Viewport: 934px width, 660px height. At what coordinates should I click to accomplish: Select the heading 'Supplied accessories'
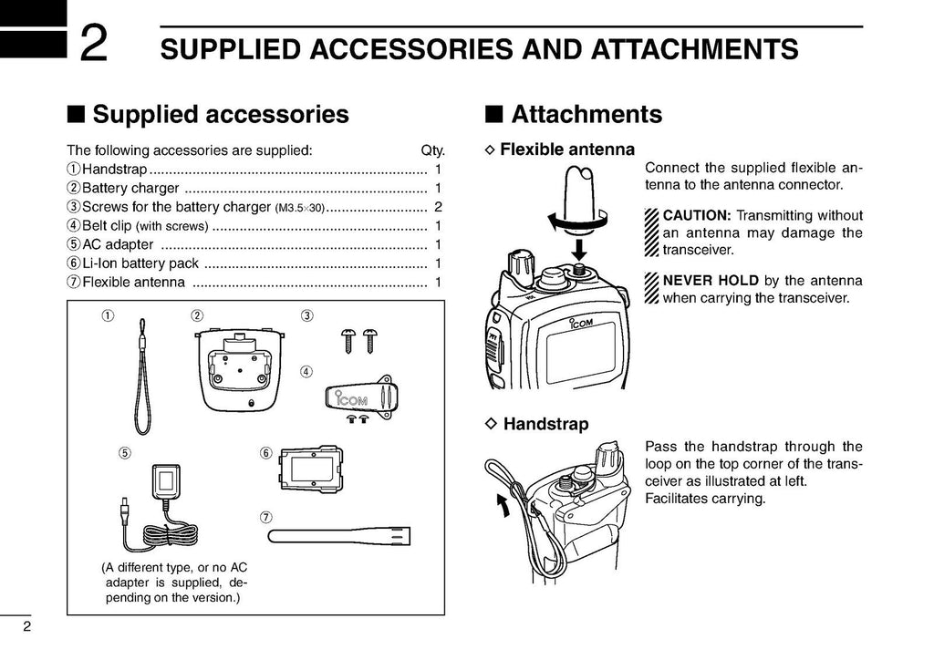pyautogui.click(x=220, y=114)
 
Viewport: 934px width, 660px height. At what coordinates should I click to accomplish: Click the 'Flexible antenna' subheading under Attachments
pyautogui.click(x=566, y=149)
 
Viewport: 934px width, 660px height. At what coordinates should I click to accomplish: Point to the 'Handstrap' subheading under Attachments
pyautogui.click(x=545, y=424)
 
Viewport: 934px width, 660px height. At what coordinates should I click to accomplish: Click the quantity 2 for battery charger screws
pyautogui.click(x=438, y=207)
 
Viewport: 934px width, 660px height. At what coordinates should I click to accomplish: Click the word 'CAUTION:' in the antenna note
pyautogui.click(x=697, y=216)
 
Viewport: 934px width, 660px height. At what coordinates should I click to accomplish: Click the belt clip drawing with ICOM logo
pyautogui.click(x=358, y=397)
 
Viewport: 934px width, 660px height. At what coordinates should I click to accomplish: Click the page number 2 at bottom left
pyautogui.click(x=27, y=626)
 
